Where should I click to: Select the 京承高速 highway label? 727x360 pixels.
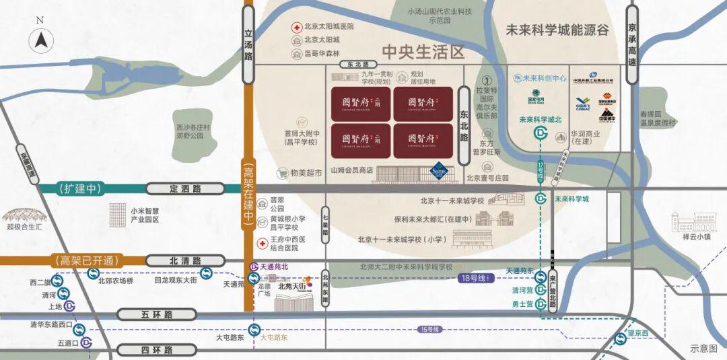631,44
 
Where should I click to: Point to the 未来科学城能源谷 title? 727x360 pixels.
557,30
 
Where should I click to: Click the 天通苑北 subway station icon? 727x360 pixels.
253,267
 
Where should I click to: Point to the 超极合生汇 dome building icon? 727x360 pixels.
23,215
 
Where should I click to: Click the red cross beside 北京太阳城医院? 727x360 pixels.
296,27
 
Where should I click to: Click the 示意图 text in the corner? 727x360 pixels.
704,349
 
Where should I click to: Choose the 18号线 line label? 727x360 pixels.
475,277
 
